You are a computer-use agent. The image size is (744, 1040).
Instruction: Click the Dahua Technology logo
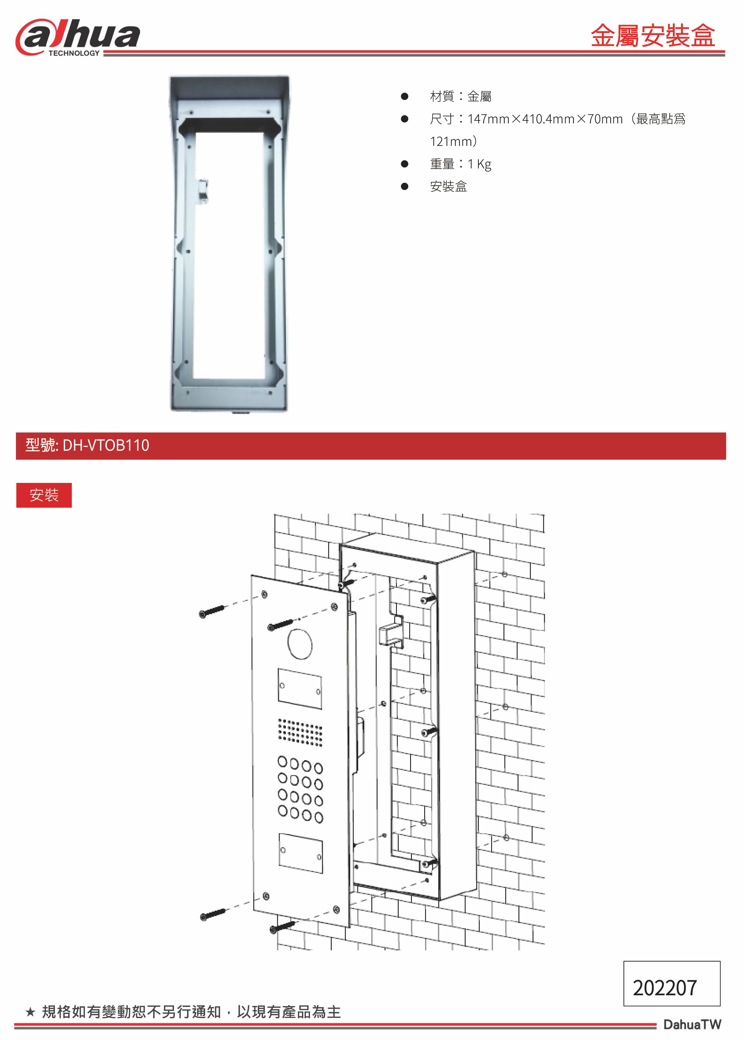coord(78,38)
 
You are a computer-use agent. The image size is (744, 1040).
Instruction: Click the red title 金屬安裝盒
coord(652,36)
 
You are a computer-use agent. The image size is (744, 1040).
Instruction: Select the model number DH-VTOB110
coord(106,445)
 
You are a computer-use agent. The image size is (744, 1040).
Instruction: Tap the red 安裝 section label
coord(44,495)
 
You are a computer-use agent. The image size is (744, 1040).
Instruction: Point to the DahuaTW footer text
coord(692,1024)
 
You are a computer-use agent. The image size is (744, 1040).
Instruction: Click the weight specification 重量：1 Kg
coord(460,164)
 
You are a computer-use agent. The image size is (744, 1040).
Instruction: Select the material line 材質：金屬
coord(460,96)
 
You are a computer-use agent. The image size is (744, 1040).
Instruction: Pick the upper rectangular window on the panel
coord(300,689)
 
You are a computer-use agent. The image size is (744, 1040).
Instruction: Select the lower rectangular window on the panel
coord(301,853)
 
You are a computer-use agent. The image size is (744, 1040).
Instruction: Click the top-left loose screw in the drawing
coord(212,611)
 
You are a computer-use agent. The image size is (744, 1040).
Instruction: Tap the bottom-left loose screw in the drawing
coord(213,915)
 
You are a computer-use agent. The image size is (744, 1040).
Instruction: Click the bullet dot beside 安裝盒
coord(404,187)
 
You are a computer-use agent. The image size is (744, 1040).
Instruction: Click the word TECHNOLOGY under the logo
coord(74,53)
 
